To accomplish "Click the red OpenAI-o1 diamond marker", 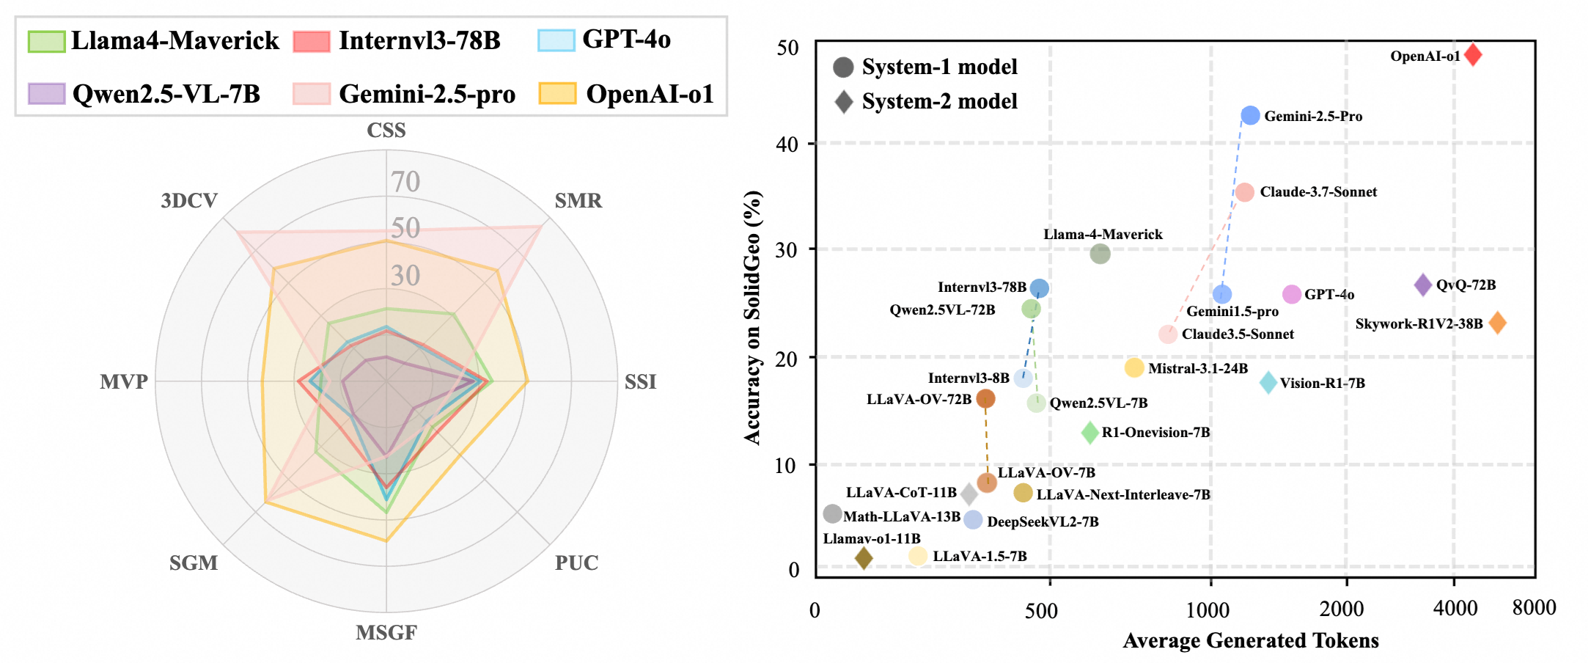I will pyautogui.click(x=1472, y=55).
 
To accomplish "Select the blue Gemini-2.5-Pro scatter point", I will pyautogui.click(x=1250, y=115).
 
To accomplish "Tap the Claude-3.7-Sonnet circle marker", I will pyautogui.click(x=1244, y=192).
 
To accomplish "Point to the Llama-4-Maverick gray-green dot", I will pyautogui.click(x=1100, y=254).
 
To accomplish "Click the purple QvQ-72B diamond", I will pyautogui.click(x=1422, y=285).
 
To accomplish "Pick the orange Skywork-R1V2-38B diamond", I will pyautogui.click(x=1497, y=323).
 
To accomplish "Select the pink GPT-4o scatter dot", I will pyautogui.click(x=1291, y=294).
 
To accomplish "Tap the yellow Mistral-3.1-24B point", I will pyautogui.click(x=1133, y=367).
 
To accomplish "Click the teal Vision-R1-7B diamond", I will pyautogui.click(x=1268, y=382).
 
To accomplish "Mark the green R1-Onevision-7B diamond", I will pyautogui.click(x=1089, y=433).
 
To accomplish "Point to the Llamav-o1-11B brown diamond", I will pyautogui.click(x=864, y=558).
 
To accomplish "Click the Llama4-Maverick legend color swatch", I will pyautogui.click(x=46, y=41).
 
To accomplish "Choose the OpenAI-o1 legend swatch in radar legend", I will pyautogui.click(x=556, y=94).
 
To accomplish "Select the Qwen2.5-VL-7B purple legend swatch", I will pyautogui.click(x=46, y=94).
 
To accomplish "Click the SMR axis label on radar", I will pyautogui.click(x=578, y=200).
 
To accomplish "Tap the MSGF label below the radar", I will pyautogui.click(x=386, y=632).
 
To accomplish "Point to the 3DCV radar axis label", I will pyautogui.click(x=189, y=200).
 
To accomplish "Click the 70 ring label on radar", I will pyautogui.click(x=405, y=181).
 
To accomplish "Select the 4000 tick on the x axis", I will pyautogui.click(x=1455, y=608).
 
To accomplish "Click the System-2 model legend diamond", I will pyautogui.click(x=844, y=101).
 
